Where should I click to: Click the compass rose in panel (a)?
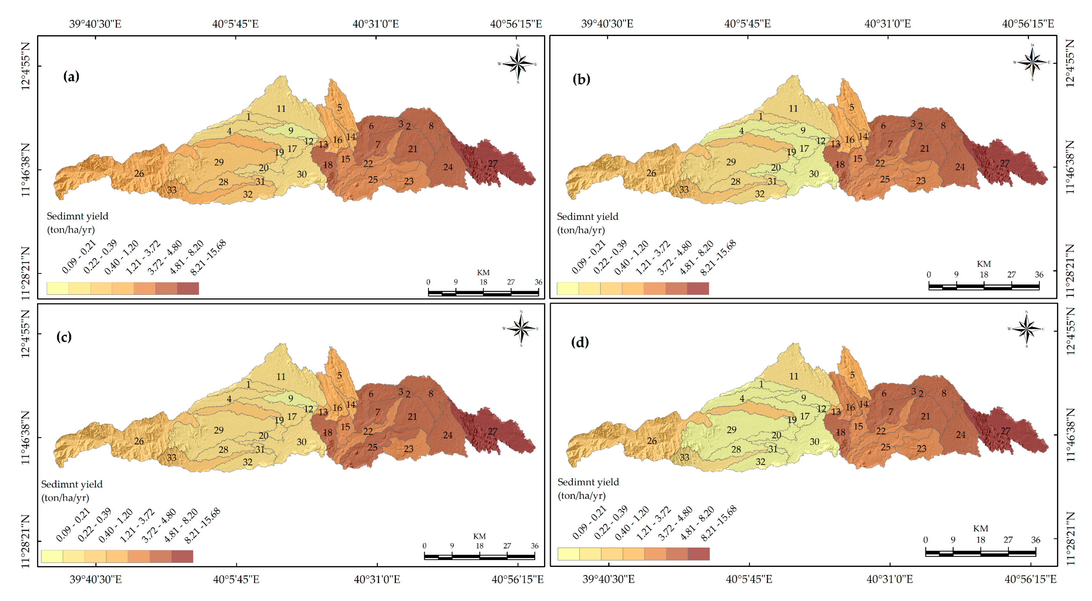tap(517, 64)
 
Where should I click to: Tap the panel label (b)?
tap(581, 79)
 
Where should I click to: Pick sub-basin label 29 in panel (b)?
tap(731, 162)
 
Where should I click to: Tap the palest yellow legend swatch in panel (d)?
tap(568, 554)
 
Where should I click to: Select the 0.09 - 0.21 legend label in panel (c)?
tap(73, 525)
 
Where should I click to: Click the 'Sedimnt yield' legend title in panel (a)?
tap(78, 216)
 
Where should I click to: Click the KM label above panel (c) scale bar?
tap(480, 536)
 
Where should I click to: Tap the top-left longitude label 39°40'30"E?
tap(95, 24)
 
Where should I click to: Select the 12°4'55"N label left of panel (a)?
tap(25, 66)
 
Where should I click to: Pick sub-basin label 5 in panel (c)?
tap(339, 375)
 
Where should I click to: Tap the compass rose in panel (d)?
tap(1026, 329)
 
